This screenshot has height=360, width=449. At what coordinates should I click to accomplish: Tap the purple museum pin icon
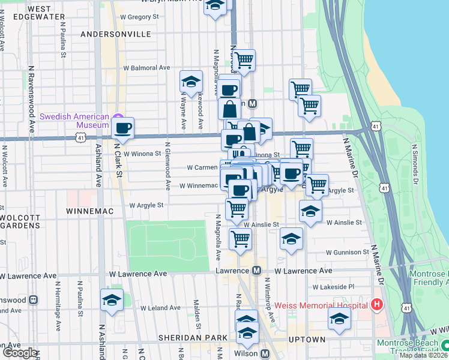(x=118, y=116)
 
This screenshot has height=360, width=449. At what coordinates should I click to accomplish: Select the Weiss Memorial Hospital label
(x=321, y=305)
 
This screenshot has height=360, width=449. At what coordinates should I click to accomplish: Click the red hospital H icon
(x=377, y=305)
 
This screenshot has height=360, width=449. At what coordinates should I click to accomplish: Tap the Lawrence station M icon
(x=256, y=271)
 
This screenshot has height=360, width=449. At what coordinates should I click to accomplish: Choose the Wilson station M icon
(x=265, y=353)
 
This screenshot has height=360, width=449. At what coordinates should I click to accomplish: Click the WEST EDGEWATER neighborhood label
(x=46, y=13)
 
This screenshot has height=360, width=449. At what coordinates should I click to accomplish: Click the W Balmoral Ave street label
(x=147, y=68)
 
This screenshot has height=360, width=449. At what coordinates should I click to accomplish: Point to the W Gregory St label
(x=139, y=17)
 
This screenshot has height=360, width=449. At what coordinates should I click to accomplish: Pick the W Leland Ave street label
(x=160, y=308)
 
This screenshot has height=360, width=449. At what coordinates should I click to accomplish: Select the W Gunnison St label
(x=347, y=253)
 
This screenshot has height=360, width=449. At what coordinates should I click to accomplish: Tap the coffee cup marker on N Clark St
(x=123, y=127)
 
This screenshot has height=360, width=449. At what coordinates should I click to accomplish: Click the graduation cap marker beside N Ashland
(x=112, y=300)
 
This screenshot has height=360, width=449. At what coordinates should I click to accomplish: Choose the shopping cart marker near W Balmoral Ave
(x=244, y=60)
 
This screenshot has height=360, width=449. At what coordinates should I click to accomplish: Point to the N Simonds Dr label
(x=414, y=161)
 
